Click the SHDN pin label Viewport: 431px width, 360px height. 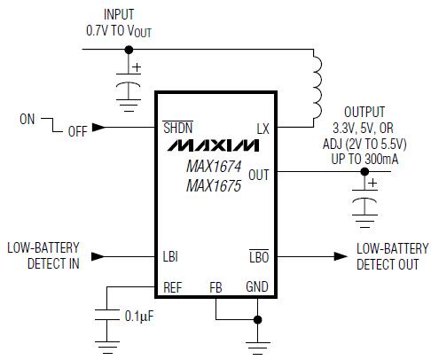pyautogui.click(x=178, y=128)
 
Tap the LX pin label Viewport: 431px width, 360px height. pyautogui.click(x=263, y=129)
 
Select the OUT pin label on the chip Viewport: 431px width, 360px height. pyautogui.click(x=259, y=175)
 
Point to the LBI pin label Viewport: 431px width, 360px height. pyautogui.click(x=170, y=256)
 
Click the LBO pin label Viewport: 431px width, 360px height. pyautogui.click(x=259, y=256)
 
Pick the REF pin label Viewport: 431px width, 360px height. pyautogui.click(x=173, y=287)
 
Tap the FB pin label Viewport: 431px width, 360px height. pyautogui.click(x=215, y=287)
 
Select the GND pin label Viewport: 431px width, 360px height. pyautogui.click(x=257, y=286)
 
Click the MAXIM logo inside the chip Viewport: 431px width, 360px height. pyautogui.click(x=213, y=145)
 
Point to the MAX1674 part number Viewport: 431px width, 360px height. pyautogui.click(x=214, y=166)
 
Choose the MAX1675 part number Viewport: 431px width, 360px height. pyautogui.click(x=214, y=186)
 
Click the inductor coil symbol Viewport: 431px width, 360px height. pyautogui.click(x=317, y=87)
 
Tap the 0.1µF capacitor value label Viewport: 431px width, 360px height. pyautogui.click(x=139, y=317)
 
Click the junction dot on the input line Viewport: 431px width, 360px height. pyautogui.click(x=129, y=50)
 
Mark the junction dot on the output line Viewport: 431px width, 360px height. pyautogui.click(x=364, y=171)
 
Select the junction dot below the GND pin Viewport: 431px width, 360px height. pyautogui.click(x=257, y=319)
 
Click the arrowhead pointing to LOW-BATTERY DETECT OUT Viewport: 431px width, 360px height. pyautogui.click(x=341, y=256)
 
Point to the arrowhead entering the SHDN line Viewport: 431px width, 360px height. pyautogui.click(x=98, y=128)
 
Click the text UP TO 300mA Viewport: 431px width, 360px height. pyautogui.click(x=364, y=160)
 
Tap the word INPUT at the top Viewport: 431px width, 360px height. pyautogui.click(x=119, y=14)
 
